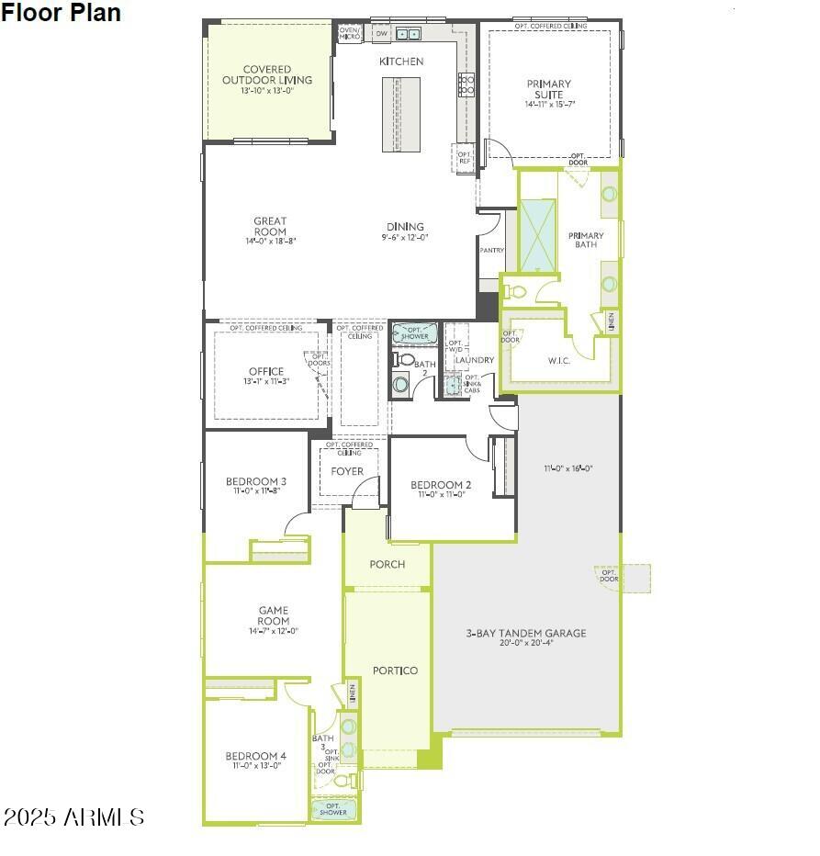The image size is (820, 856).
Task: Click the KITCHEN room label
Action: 401,62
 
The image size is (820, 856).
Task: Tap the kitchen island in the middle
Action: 401,114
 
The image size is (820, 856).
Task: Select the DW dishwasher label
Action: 381,34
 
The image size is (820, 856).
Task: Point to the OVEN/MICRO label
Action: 350,33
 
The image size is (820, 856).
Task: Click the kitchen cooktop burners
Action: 466,84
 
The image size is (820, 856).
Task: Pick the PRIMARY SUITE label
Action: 548,89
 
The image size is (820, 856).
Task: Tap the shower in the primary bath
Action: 537,235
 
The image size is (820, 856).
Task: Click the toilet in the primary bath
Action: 517,292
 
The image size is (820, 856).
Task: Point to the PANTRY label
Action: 491,250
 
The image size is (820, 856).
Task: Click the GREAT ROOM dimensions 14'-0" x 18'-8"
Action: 270,242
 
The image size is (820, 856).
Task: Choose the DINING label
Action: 405,226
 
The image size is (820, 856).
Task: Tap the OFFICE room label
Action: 266,372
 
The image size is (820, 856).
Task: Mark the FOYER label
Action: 347,471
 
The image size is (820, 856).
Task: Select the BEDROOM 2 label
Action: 441,485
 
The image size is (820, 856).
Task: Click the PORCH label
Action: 387,564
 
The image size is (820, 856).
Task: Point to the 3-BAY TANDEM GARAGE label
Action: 525,633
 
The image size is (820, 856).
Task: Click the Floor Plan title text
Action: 61,13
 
